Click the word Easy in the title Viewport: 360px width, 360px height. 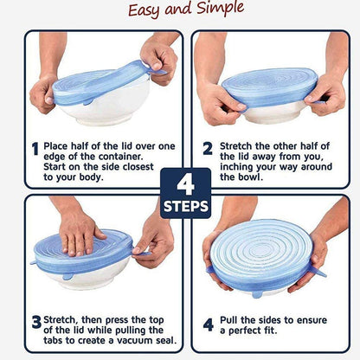(x=148, y=10)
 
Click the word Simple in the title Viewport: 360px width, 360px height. (x=217, y=10)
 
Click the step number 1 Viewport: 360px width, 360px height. (x=35, y=149)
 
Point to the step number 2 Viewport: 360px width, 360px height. (x=208, y=148)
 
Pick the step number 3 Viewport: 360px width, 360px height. (x=35, y=322)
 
